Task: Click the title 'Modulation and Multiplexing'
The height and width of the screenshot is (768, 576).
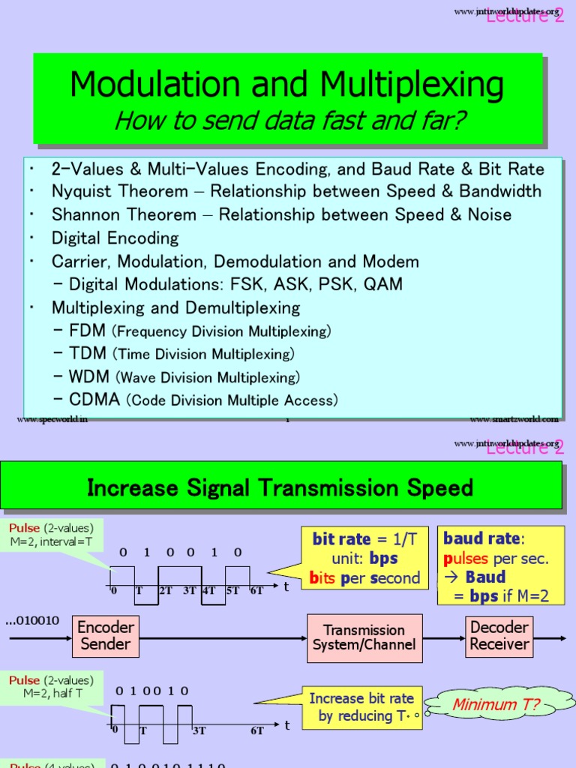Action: [287, 85]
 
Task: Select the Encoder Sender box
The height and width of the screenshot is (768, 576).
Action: [105, 635]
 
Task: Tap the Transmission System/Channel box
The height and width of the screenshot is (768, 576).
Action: [364, 637]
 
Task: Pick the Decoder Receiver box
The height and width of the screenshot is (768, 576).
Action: [499, 635]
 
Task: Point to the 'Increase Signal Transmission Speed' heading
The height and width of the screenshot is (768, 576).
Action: [280, 488]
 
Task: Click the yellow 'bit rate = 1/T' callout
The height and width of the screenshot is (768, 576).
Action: [354, 559]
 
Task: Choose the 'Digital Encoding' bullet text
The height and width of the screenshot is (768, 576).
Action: [115, 238]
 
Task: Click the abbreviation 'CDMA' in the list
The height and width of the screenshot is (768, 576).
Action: [94, 400]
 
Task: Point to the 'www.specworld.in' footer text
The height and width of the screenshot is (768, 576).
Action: [52, 419]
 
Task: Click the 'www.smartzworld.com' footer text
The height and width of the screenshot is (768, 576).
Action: [514, 419]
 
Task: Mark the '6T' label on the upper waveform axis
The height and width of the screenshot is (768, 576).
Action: [256, 590]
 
